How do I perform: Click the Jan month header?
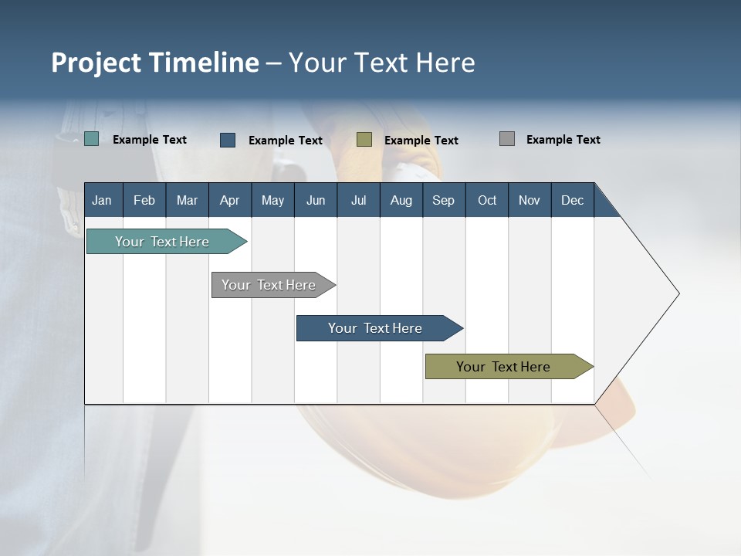point(103,200)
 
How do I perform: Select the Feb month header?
point(144,200)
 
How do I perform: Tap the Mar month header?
point(188,200)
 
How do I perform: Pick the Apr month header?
point(230,200)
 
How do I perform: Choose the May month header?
point(272,200)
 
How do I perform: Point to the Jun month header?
point(316,200)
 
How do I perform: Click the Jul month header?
point(359,200)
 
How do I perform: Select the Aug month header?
point(401,200)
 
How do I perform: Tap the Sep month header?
point(444,200)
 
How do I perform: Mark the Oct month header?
point(487,200)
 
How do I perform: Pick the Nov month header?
point(530,200)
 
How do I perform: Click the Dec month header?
point(573,200)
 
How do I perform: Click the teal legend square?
point(92,139)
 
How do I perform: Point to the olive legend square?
point(364,139)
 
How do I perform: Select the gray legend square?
point(507,139)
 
